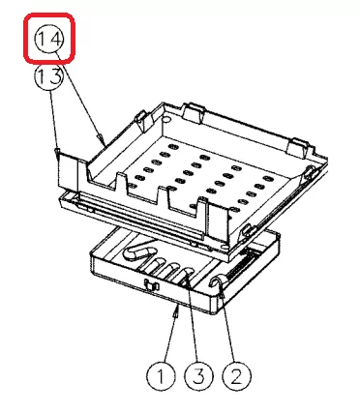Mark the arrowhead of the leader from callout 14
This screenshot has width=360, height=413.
(102, 140)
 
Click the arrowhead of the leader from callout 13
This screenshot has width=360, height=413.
(57, 153)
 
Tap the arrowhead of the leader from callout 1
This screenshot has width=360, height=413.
(176, 311)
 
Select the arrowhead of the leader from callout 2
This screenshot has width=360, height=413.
(223, 292)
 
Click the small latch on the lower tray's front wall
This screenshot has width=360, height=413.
(151, 285)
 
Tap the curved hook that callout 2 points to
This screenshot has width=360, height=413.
(216, 280)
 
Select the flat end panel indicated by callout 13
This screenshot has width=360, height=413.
(68, 170)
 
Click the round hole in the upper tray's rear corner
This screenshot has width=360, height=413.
(166, 119)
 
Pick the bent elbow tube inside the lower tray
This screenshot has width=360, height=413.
(137, 251)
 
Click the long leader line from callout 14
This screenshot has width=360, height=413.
(80, 97)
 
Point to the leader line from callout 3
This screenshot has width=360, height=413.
(193, 321)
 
